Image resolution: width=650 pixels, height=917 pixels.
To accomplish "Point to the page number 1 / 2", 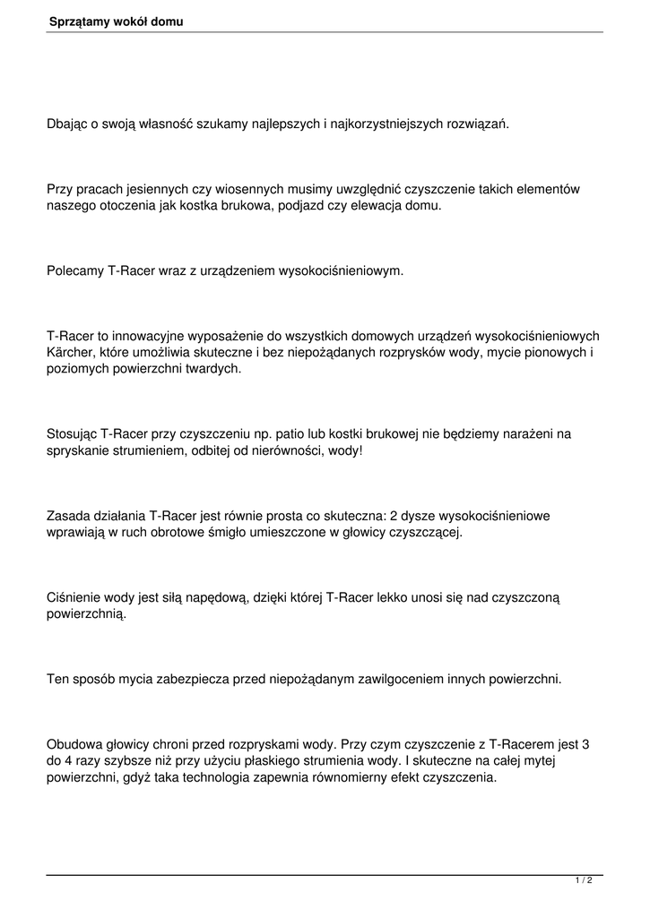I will tap(584, 881).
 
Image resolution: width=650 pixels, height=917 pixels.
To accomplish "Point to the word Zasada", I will tap(68, 516).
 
